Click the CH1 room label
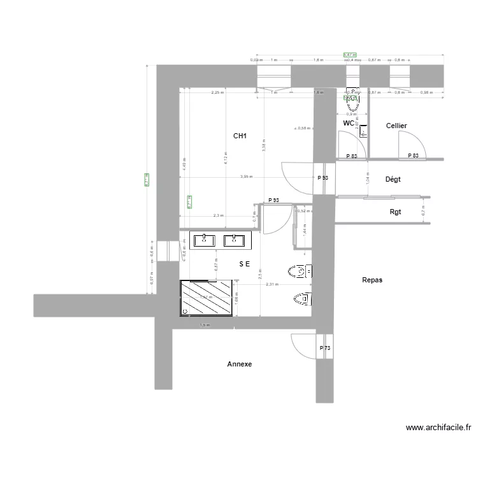pos(240,136)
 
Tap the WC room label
pos(348,122)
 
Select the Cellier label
pos(396,126)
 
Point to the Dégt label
pos(393,180)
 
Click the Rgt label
pos(395,212)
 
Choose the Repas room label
pos(372,280)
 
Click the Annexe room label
pos(240,365)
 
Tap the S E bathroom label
pos(245,263)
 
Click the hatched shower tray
pos(207,298)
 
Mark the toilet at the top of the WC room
pos(352,96)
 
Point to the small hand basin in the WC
pos(363,132)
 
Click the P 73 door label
pos(325,348)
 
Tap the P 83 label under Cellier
pos(412,156)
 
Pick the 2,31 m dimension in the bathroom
pos(272,284)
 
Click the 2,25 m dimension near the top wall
pos(217,92)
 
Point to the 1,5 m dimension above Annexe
pos(205,325)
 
